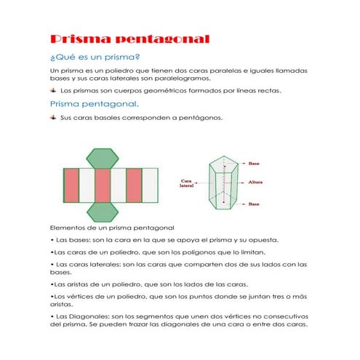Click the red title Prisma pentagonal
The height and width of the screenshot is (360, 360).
(x=129, y=39)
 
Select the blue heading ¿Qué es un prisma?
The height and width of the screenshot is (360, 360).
(x=95, y=57)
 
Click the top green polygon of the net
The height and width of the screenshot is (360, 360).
(x=103, y=159)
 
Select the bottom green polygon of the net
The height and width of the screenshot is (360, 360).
(x=103, y=212)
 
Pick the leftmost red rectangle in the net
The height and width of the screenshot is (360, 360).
(x=71, y=185)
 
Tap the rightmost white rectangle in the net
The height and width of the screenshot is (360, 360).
(x=150, y=185)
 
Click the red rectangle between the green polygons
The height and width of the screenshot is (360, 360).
(x=103, y=185)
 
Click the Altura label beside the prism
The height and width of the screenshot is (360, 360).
(x=255, y=182)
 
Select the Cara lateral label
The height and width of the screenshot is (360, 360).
(x=186, y=183)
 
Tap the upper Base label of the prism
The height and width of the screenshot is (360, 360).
(x=254, y=164)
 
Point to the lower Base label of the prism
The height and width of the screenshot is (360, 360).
(x=254, y=204)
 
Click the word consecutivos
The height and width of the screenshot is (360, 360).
(x=286, y=316)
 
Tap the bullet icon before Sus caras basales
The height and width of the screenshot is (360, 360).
(x=53, y=118)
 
